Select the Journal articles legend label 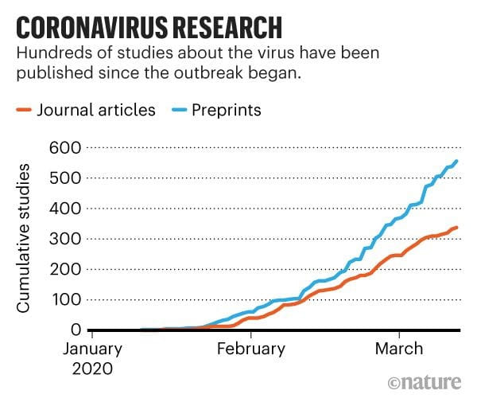96,110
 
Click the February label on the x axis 251,349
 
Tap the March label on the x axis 399,349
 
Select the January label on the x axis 93,349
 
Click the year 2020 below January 93,369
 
